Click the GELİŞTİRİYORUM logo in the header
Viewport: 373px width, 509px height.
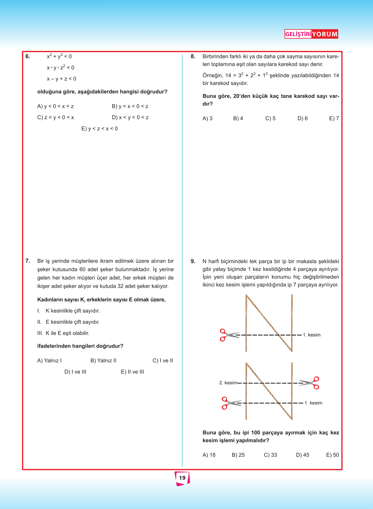[x=311, y=34]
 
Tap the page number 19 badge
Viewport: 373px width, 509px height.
[x=182, y=478]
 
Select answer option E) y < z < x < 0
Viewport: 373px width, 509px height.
[x=100, y=129]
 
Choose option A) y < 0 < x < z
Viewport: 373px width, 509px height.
[x=55, y=106]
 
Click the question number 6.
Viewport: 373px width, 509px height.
[x=28, y=57]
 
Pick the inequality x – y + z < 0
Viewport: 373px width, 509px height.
[x=61, y=79]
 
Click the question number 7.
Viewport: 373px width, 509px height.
[x=28, y=261]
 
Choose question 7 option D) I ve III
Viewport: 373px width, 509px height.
[x=75, y=372]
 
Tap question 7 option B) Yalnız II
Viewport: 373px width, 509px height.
[x=103, y=361]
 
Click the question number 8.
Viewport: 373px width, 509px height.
[x=193, y=57]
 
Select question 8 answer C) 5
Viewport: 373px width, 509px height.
[x=270, y=119]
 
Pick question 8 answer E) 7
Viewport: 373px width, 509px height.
[x=334, y=119]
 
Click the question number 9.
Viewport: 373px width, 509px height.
[x=193, y=261]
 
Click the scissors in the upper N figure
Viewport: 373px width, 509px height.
[x=229, y=335]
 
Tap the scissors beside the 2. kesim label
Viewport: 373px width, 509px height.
[x=310, y=383]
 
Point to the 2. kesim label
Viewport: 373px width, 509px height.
[x=228, y=383]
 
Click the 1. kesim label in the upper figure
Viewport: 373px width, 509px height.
[x=312, y=335]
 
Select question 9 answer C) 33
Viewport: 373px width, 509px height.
[x=270, y=455]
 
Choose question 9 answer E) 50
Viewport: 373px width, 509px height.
[x=333, y=455]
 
